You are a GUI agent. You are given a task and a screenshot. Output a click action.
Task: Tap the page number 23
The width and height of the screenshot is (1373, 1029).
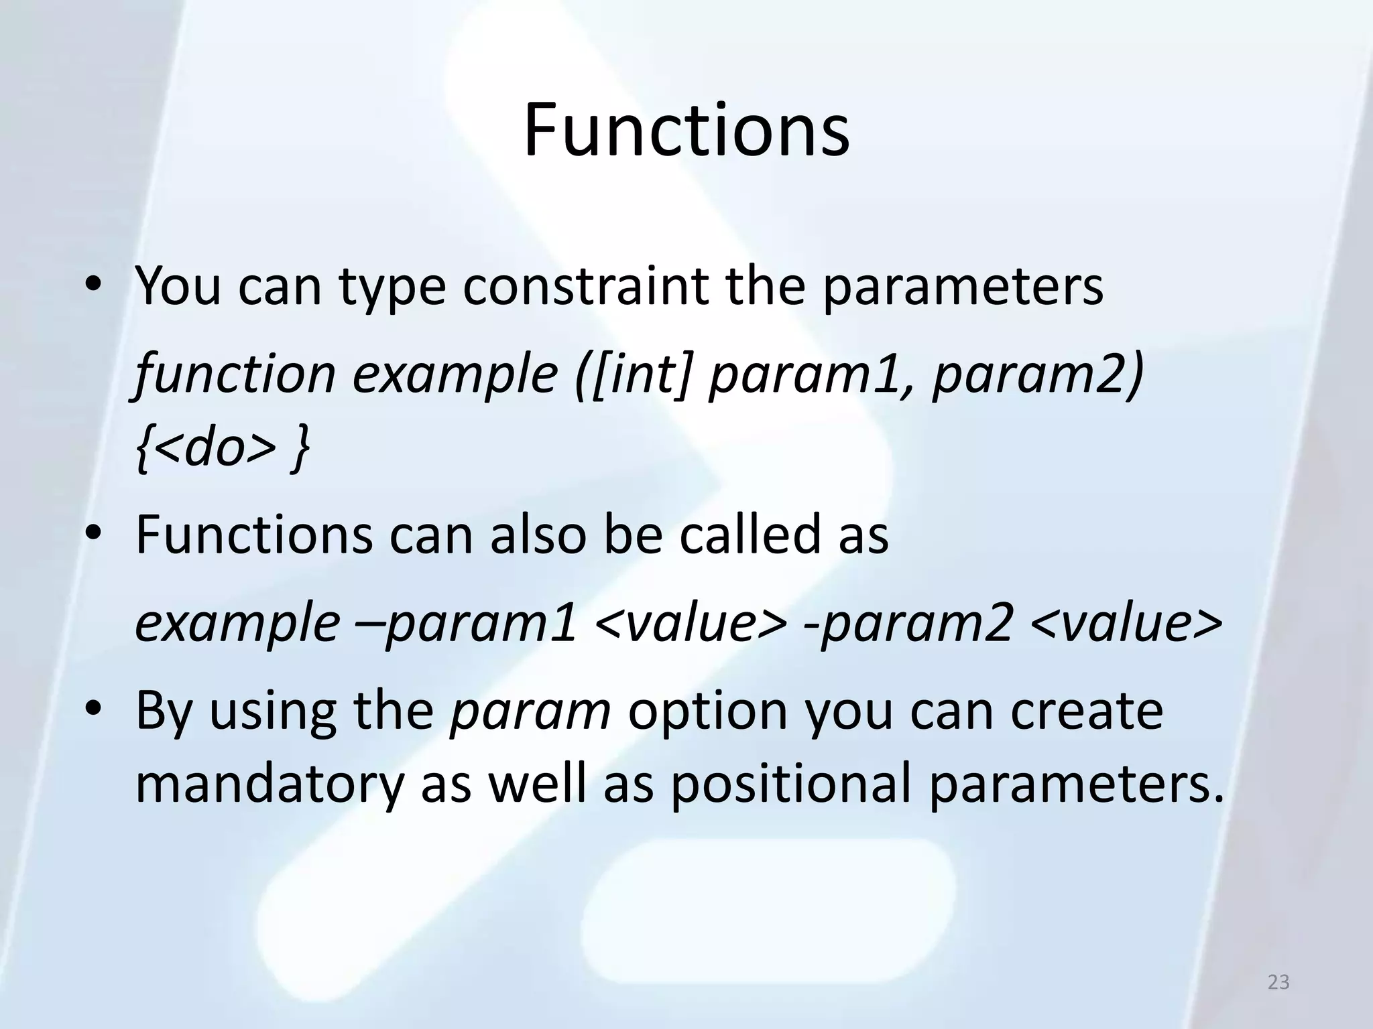[x=1278, y=982]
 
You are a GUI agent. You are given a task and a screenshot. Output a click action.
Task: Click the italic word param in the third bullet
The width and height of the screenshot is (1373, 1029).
[x=530, y=711]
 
